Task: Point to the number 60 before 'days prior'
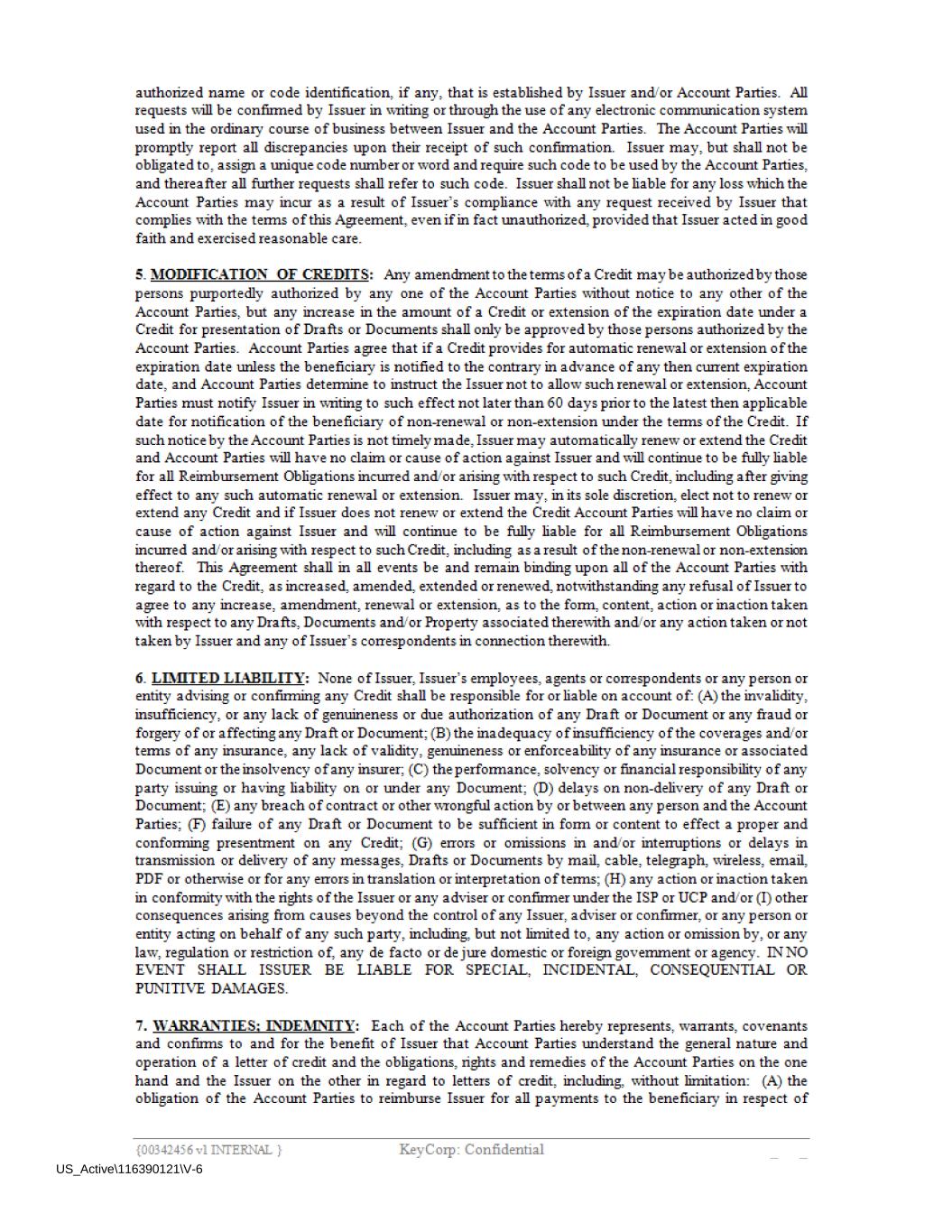click(555, 403)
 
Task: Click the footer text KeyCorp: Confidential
click(471, 1149)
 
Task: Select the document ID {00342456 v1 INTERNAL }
click(208, 1150)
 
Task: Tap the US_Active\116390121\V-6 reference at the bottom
click(129, 1170)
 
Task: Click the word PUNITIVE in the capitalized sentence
click(171, 988)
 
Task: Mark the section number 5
click(140, 274)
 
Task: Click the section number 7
click(140, 1026)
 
